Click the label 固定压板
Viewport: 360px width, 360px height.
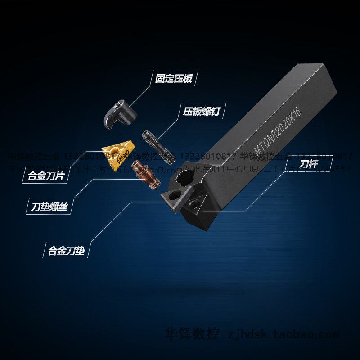[173, 79]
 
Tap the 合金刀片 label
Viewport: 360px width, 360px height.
[45, 175]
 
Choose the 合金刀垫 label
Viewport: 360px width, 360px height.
[66, 250]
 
